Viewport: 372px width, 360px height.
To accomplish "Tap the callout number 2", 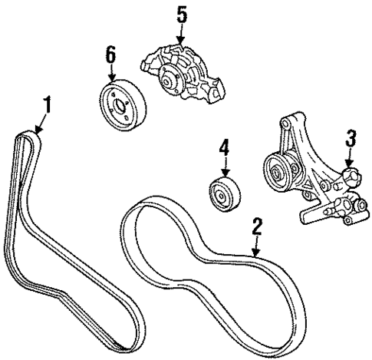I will point(257,225).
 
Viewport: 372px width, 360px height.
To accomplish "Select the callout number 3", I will point(351,139).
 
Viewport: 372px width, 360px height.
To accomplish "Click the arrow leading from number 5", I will point(179,35).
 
